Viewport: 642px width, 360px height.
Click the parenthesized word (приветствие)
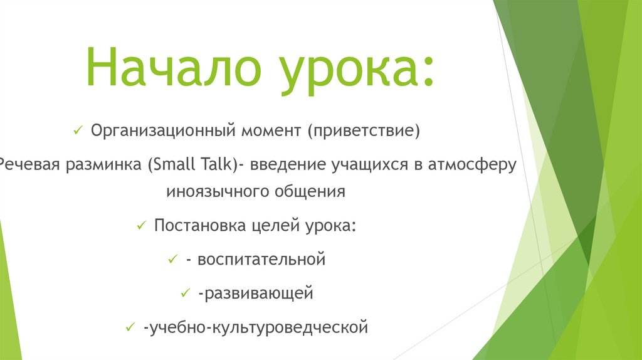tap(363, 131)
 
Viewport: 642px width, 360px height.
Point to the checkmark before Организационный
tap(78, 130)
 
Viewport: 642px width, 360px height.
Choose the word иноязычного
tap(216, 191)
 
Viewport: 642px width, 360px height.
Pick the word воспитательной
tap(261, 259)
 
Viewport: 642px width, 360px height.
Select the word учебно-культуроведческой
tap(255, 327)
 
